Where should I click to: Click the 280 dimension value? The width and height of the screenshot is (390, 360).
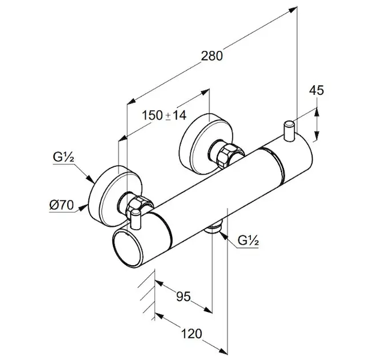pos(212,56)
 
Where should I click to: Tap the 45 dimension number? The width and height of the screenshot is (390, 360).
pos(316,91)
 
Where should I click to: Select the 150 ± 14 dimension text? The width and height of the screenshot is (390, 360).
pos(164,115)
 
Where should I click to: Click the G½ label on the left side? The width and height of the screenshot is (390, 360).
pos(62,158)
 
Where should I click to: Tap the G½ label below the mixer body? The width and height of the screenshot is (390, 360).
pos(248,241)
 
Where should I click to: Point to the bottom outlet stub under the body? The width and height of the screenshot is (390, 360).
pos(213,228)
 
